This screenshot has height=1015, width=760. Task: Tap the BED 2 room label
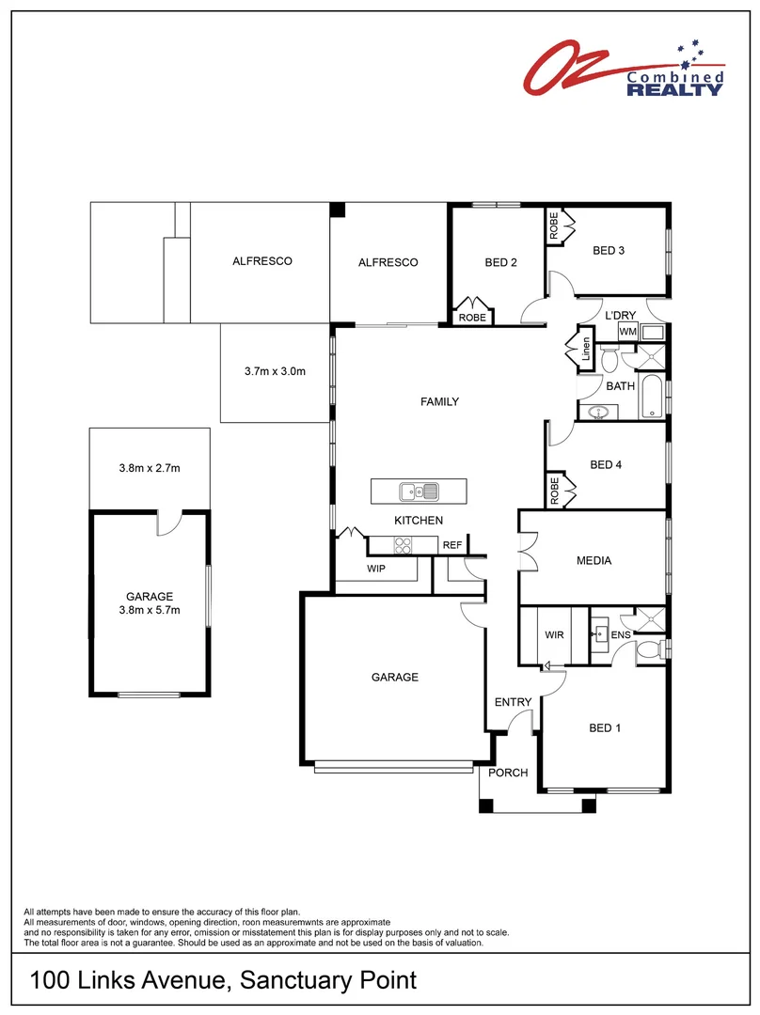click(x=500, y=263)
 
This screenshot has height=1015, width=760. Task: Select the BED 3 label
click(x=608, y=250)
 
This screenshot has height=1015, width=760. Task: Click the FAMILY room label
click(x=439, y=402)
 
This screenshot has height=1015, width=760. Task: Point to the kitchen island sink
click(x=417, y=491)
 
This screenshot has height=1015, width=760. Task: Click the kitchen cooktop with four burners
click(x=403, y=544)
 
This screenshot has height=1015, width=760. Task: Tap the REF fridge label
click(x=452, y=545)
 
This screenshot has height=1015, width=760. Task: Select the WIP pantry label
click(x=375, y=569)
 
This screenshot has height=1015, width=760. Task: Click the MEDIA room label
click(x=594, y=561)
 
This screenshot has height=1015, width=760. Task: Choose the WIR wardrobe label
click(x=554, y=635)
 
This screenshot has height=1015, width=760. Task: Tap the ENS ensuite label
click(x=621, y=636)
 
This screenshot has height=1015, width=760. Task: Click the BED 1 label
click(x=605, y=727)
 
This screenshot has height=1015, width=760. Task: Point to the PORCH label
click(x=507, y=773)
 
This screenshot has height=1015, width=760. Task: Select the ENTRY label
click(x=513, y=702)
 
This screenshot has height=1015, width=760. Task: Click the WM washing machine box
click(x=627, y=332)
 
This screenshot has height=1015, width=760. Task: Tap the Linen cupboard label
click(x=587, y=349)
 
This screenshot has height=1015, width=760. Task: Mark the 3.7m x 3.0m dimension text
click(x=275, y=371)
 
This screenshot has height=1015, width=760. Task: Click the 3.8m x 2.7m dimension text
click(x=149, y=468)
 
